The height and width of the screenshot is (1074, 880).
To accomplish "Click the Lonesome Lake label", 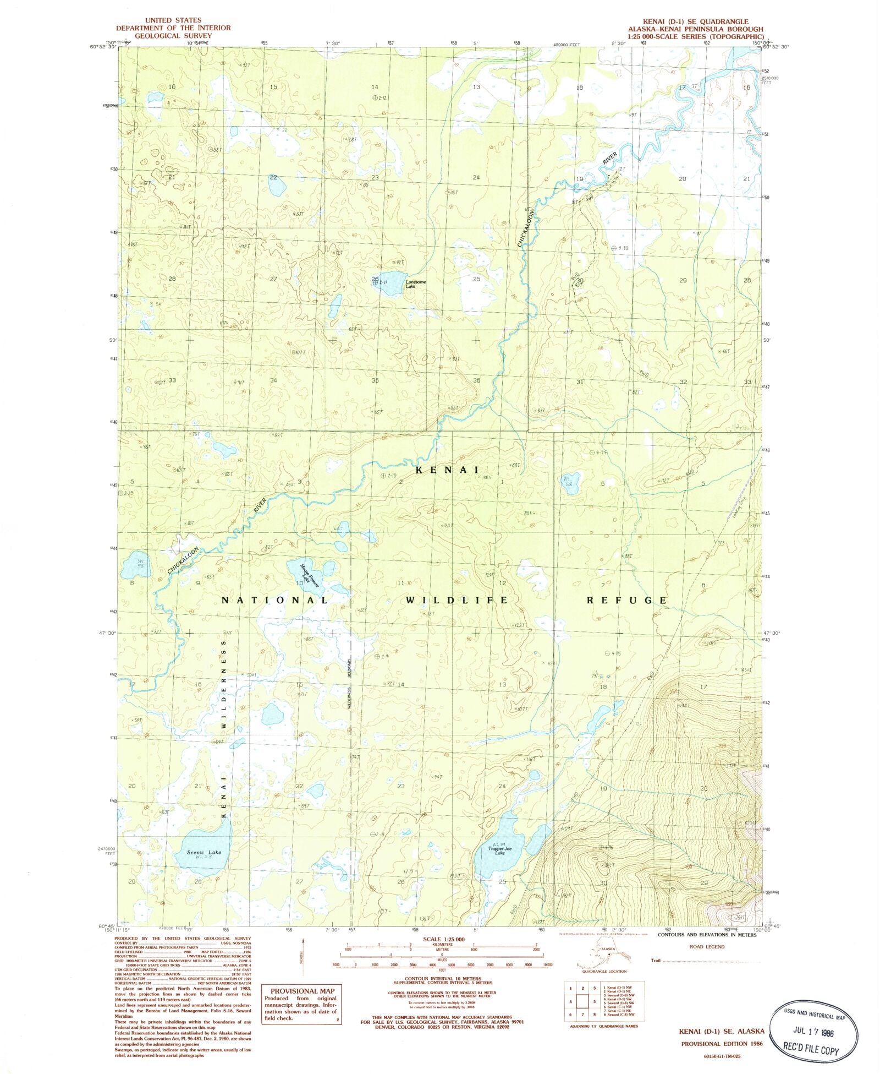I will click(415, 284).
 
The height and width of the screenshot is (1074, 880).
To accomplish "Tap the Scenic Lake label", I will click(204, 853).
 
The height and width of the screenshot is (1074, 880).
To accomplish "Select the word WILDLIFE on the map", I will click(457, 599).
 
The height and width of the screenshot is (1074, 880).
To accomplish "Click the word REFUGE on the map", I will click(626, 600).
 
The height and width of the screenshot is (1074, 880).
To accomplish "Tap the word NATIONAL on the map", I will click(275, 599).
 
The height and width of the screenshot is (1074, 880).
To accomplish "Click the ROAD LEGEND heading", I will click(707, 946).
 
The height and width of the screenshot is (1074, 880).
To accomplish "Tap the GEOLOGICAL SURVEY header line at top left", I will click(173, 36).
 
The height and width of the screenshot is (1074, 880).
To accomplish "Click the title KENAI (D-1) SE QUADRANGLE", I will click(697, 21).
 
